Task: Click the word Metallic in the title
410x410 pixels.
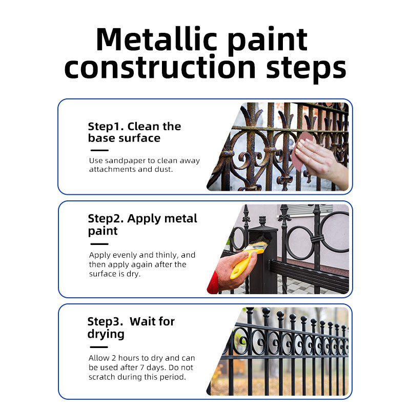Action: [x=157, y=39]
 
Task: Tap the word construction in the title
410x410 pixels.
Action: [x=160, y=68]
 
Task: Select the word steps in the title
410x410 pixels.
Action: [x=306, y=70]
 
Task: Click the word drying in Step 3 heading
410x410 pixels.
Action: [x=106, y=335]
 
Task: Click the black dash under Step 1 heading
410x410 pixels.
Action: [x=99, y=150]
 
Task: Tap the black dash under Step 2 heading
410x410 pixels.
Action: [x=99, y=244]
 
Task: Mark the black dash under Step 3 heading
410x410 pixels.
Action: [x=99, y=347]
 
